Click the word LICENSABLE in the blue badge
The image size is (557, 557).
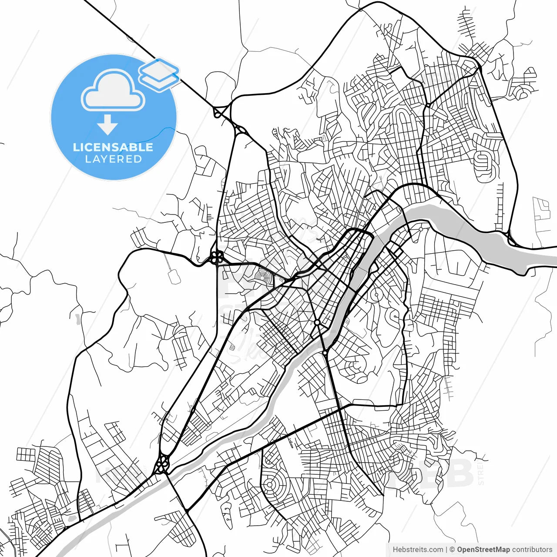pyautogui.click(x=113, y=147)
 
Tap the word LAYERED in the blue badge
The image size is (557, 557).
pyautogui.click(x=113, y=159)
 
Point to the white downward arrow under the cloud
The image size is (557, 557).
pyautogui.click(x=107, y=125)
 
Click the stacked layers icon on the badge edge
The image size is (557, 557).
pyautogui.click(x=159, y=74)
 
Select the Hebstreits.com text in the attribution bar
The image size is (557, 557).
pyautogui.click(x=418, y=550)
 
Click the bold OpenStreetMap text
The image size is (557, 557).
pyautogui.click(x=483, y=550)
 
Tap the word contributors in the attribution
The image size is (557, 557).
pyautogui.click(x=532, y=550)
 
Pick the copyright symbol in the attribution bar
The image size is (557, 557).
pyautogui.click(x=452, y=550)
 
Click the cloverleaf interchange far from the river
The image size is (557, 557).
pyautogui.click(x=216, y=258)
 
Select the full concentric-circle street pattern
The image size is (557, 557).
pyautogui.click(x=272, y=484)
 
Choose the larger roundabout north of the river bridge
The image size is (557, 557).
pyautogui.click(x=317, y=322)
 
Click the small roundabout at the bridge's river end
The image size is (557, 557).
pyautogui.click(x=325, y=352)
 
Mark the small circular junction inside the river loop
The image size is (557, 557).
pyautogui.click(x=375, y=295)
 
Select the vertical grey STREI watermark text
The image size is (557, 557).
pyautogui.click(x=480, y=474)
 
